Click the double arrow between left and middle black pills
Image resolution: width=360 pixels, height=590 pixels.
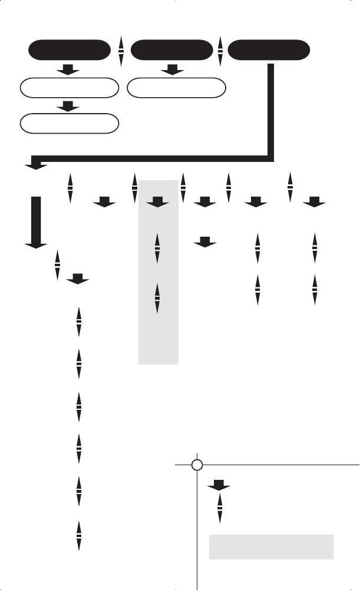pyautogui.click(x=121, y=51)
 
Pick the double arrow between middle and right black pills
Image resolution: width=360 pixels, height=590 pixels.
pyautogui.click(x=220, y=51)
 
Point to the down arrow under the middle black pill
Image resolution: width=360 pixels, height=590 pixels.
pyautogui.click(x=172, y=71)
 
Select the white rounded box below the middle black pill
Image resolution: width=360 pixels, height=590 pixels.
pyautogui.click(x=177, y=89)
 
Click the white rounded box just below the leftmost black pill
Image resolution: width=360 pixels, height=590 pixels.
pyautogui.click(x=70, y=89)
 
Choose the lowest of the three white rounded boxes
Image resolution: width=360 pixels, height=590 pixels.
pyautogui.click(x=70, y=124)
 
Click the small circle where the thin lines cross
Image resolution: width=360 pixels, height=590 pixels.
pyautogui.click(x=198, y=465)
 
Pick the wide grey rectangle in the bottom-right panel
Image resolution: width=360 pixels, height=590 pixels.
pyautogui.click(x=272, y=546)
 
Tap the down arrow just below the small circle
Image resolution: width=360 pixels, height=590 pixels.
pyautogui.click(x=219, y=486)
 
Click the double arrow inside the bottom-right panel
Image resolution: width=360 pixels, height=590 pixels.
pyautogui.click(x=220, y=508)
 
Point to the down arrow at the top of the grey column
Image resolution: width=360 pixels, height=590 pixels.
pyautogui.click(x=157, y=203)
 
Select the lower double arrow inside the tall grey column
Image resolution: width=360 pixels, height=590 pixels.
pyautogui.click(x=157, y=299)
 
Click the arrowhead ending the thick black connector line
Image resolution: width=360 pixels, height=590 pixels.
pyautogui.click(x=36, y=166)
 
